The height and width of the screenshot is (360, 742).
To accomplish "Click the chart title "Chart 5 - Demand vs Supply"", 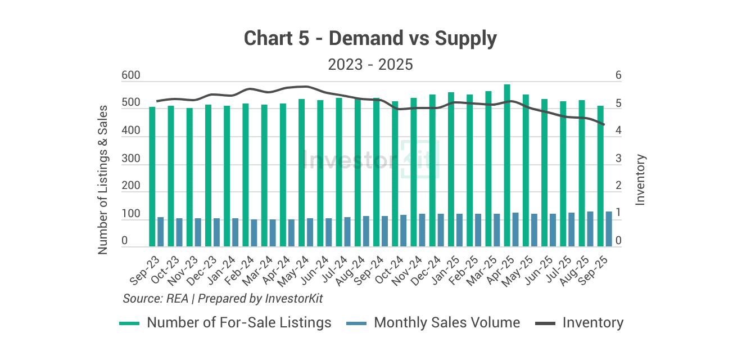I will [x=370, y=39].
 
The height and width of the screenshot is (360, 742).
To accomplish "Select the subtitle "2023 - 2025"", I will [x=370, y=65].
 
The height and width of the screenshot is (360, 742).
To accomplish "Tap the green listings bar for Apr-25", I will [x=507, y=165].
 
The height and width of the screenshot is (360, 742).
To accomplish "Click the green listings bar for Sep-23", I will [x=152, y=177].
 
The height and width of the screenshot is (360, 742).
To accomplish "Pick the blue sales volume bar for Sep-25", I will [x=609, y=229].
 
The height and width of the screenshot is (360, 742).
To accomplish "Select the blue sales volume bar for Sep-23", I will [x=161, y=232].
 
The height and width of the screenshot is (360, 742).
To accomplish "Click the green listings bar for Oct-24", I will [x=395, y=174].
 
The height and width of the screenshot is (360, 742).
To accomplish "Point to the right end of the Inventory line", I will [x=604, y=124].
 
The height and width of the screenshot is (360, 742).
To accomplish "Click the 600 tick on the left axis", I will [x=132, y=76].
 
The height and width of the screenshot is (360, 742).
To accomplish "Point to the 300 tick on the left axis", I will [x=132, y=159].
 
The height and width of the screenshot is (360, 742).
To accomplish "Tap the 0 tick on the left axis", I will [x=125, y=241].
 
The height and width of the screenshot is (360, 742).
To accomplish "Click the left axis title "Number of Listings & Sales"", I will [x=103, y=179].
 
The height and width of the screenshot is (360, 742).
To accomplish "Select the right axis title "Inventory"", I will [x=640, y=179].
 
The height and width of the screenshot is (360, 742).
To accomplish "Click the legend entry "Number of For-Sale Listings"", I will [x=239, y=323].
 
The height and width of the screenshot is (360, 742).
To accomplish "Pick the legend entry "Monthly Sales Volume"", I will [x=447, y=323].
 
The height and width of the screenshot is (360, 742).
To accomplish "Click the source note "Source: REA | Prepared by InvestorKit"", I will [x=223, y=298].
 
